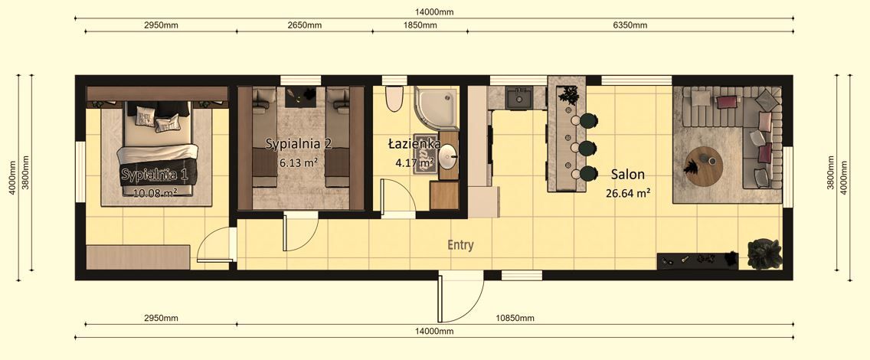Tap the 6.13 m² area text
299,162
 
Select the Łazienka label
414,143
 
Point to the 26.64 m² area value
628,194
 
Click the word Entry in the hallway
460,246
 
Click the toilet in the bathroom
394,99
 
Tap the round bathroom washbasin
450,159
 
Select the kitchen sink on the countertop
525,97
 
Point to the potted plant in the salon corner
764,254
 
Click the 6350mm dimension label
630,25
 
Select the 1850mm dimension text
420,25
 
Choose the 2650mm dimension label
303,25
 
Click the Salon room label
627,175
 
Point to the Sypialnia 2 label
299,143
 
